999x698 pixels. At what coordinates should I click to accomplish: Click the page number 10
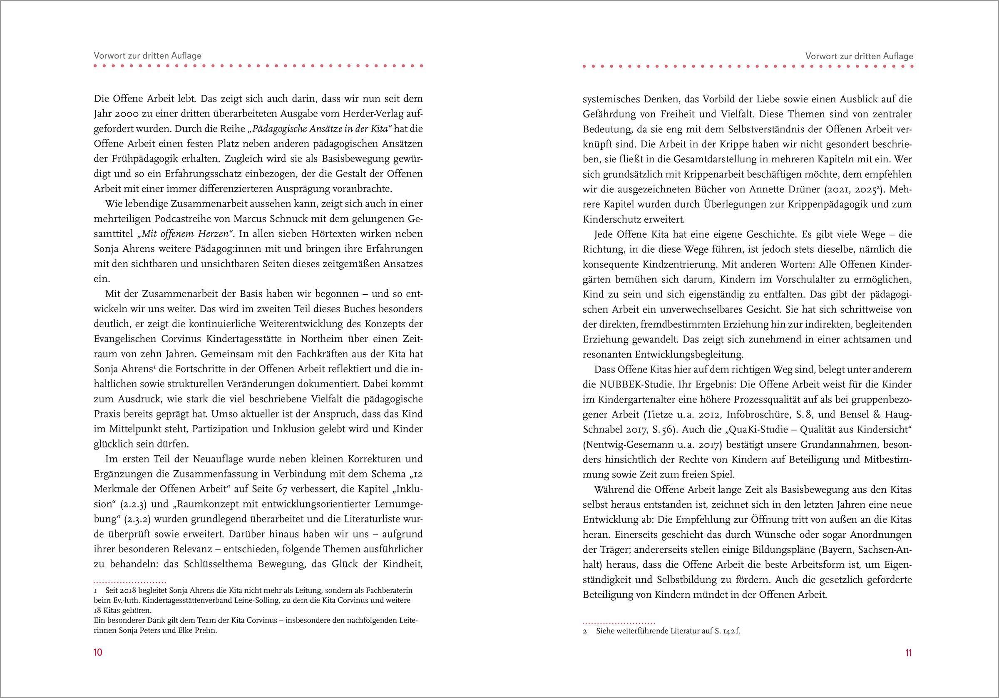coord(98,653)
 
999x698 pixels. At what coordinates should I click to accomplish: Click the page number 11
coord(909,653)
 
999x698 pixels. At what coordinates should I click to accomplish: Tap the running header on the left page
coord(147,56)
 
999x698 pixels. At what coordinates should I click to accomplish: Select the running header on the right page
coord(859,56)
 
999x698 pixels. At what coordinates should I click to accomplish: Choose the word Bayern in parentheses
coord(837,549)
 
